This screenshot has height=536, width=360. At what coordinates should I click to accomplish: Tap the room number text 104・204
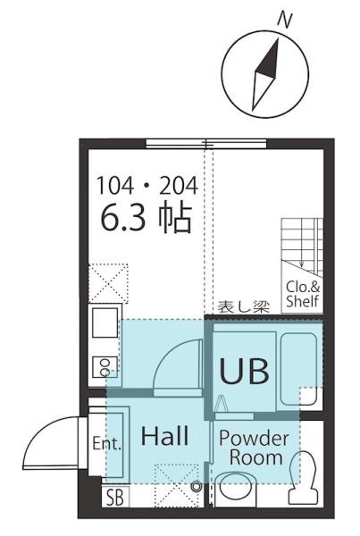[x=147, y=186]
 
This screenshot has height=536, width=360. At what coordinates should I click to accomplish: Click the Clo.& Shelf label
[x=303, y=294]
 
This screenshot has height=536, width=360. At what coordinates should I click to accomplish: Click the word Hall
[x=165, y=437]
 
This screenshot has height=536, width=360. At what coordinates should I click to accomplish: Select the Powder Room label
[x=254, y=448]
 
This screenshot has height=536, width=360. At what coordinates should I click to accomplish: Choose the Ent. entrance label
[x=106, y=443]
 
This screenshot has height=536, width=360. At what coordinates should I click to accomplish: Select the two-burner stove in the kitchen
[x=104, y=367]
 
